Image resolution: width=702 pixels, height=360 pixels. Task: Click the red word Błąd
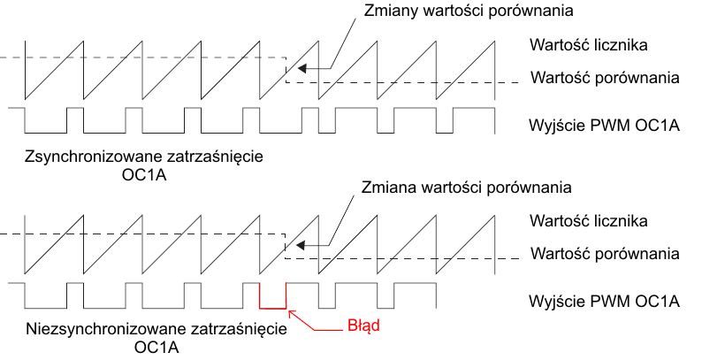click(x=362, y=326)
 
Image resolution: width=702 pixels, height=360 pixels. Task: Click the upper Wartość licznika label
click(x=590, y=44)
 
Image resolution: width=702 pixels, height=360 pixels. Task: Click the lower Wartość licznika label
click(x=590, y=220)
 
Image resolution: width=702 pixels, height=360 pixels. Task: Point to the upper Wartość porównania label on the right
click(x=605, y=77)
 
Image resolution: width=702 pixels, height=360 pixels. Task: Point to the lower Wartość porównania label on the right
click(x=605, y=253)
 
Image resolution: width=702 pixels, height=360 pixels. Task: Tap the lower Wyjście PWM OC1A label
click(x=603, y=300)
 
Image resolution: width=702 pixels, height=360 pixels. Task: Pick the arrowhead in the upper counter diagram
click(x=302, y=68)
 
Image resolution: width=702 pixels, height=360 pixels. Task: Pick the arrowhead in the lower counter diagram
click(x=302, y=245)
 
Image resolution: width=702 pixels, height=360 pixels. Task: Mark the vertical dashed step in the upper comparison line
click(x=286, y=71)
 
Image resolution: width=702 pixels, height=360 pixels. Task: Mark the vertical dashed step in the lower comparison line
click(x=286, y=247)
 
